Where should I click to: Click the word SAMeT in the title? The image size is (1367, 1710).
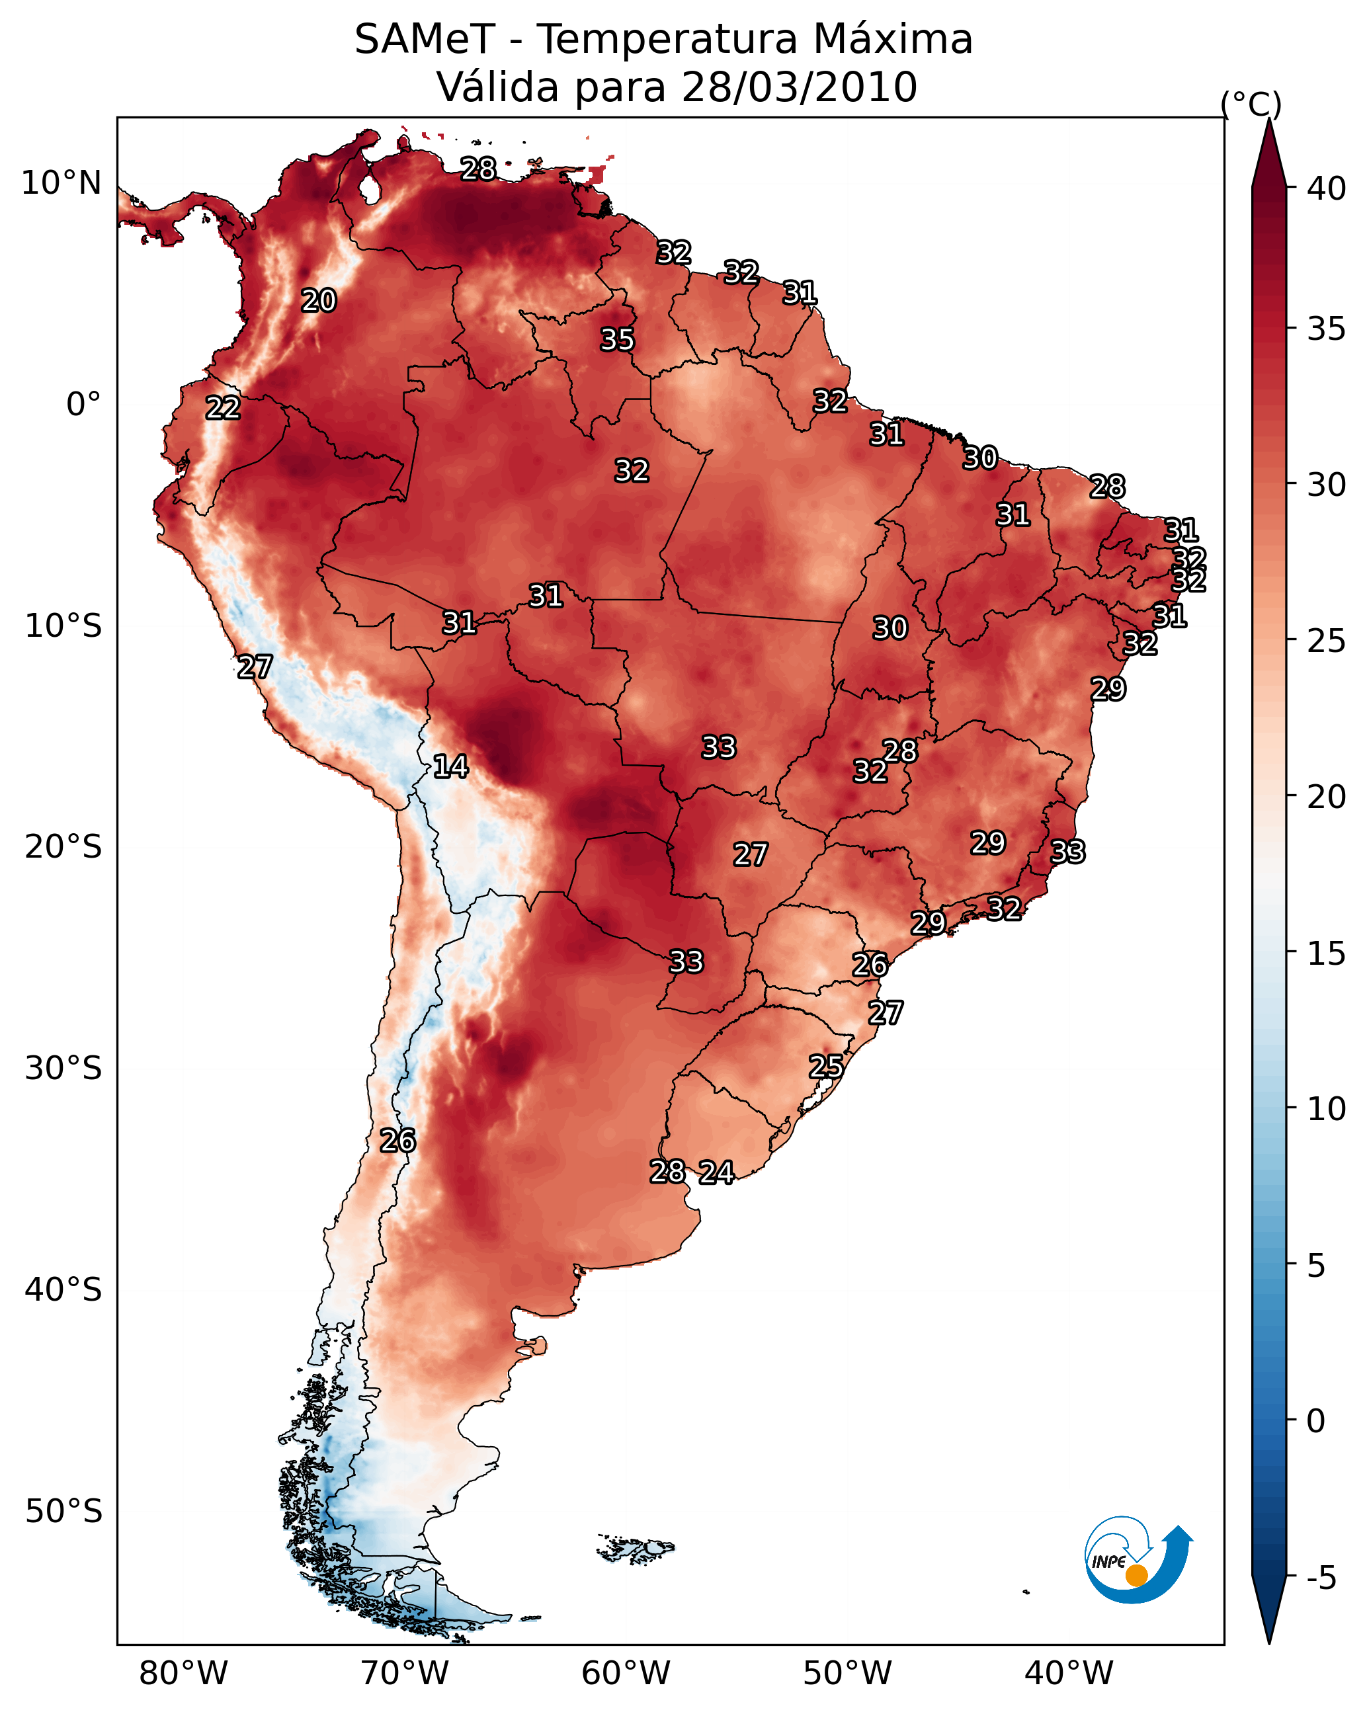pyautogui.click(x=425, y=40)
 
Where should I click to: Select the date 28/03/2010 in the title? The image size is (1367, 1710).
pyautogui.click(x=799, y=87)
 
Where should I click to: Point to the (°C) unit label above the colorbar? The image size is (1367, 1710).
pyautogui.click(x=1251, y=104)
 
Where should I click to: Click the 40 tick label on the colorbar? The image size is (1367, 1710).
pyautogui.click(x=1327, y=188)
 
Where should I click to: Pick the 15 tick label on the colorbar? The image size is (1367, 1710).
pyautogui.click(x=1327, y=954)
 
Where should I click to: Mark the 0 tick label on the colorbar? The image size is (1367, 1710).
pyautogui.click(x=1316, y=1421)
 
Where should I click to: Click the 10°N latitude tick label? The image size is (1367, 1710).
pyautogui.click(x=61, y=183)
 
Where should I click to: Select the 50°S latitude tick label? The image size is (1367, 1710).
pyautogui.click(x=63, y=1512)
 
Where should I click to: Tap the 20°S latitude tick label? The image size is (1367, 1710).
pyautogui.click(x=63, y=847)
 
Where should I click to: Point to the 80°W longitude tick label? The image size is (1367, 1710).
pyautogui.click(x=183, y=1674)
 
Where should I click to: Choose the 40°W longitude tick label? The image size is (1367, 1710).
pyautogui.click(x=1069, y=1674)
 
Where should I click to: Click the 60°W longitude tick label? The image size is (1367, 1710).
pyautogui.click(x=626, y=1674)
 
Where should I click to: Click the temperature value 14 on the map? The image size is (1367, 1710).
pyautogui.click(x=450, y=766)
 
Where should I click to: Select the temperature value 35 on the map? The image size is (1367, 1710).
pyautogui.click(x=617, y=339)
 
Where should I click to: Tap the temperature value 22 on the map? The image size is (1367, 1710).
pyautogui.click(x=223, y=408)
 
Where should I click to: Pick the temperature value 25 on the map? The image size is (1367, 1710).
pyautogui.click(x=826, y=1066)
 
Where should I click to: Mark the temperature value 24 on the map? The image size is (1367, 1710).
pyautogui.click(x=716, y=1172)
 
